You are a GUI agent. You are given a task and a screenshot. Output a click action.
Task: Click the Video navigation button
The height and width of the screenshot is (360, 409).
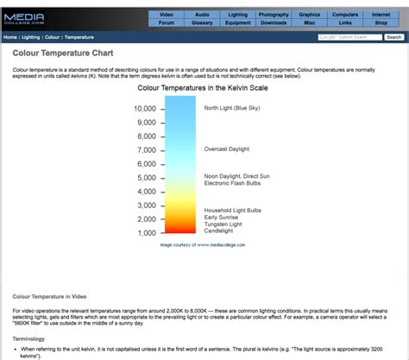pos(167,15)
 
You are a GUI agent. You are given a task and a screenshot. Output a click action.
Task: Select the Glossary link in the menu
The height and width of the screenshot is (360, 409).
pos(202,23)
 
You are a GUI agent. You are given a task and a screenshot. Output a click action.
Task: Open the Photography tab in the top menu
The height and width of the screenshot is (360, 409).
pos(273,15)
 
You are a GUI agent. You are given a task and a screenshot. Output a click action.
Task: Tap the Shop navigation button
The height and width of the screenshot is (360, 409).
pos(381,23)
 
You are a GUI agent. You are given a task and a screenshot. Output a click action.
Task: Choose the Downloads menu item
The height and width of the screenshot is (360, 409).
pos(273,23)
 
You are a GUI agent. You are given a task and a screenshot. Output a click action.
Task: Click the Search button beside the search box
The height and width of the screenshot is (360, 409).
pos(393,38)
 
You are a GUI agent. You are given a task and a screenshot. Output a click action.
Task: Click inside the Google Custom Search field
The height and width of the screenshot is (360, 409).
pos(349,38)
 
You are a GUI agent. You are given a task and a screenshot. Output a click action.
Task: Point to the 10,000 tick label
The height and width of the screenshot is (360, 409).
pos(145,109)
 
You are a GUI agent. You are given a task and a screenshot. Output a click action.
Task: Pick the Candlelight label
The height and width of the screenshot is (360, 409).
pos(220,231)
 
